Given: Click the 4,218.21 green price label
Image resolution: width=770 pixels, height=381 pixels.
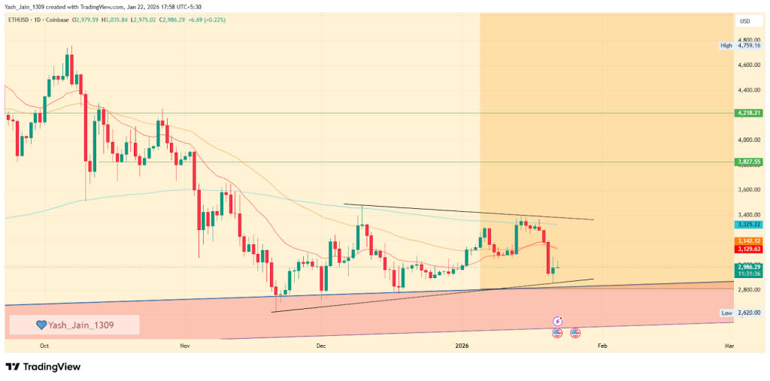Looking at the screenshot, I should [750, 113].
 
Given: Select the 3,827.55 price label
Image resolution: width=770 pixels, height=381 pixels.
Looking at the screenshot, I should [750, 162].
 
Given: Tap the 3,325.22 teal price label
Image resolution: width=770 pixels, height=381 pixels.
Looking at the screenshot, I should [750, 225].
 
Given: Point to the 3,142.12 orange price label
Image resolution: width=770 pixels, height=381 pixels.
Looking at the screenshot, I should [750, 240].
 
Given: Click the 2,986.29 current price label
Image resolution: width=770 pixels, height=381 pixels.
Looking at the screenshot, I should [750, 267].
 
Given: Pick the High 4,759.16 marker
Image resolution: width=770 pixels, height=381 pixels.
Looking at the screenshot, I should [741, 45].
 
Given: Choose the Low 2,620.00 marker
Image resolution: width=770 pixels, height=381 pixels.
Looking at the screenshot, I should [741, 313].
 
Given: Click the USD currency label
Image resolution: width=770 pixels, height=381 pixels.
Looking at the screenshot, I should [746, 21].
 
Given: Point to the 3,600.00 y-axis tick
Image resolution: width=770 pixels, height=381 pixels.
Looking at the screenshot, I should [750, 190].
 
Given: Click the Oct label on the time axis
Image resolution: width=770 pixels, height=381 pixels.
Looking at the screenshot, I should [44, 346].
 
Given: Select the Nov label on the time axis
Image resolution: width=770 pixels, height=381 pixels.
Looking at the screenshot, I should [185, 346].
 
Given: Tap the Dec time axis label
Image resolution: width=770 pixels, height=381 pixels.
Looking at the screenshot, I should [320, 346].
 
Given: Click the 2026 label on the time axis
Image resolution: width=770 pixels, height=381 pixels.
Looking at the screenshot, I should [462, 346].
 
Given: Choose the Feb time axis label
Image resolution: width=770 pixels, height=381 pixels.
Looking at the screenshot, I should [601, 346].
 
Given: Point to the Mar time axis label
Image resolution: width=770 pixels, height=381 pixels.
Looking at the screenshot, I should [729, 346].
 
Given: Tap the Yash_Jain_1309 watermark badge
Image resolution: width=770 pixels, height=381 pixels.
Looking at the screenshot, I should [74, 325].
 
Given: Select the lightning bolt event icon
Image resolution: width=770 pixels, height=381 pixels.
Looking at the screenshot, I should [558, 320].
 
